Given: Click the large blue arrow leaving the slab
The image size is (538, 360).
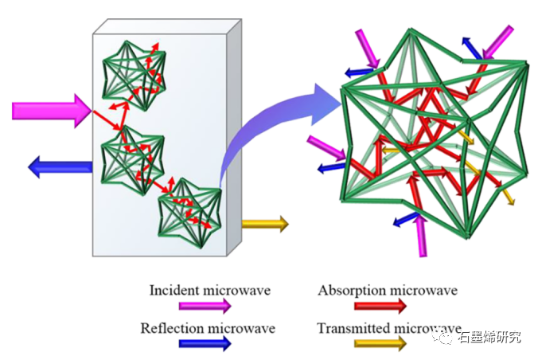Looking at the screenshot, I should tap(60, 166).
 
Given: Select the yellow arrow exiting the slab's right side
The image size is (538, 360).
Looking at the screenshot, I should tap(264, 225).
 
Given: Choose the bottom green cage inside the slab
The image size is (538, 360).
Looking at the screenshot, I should tap(189, 209).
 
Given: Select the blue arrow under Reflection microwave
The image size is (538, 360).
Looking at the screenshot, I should tap(205, 343).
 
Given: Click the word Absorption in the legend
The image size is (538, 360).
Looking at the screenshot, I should tap(348, 291).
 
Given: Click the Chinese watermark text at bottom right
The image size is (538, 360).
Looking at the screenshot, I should tap(490, 337).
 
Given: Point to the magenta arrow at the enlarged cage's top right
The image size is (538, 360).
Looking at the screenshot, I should tap(500, 40).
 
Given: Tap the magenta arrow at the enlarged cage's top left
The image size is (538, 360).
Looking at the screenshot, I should tap(368, 47).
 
